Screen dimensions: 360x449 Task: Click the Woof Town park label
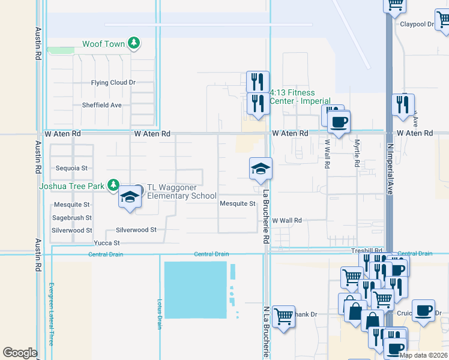[x=104, y=44]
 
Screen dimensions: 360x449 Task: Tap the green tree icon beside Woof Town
[x=135, y=43]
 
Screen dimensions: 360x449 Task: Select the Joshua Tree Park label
[x=71, y=185]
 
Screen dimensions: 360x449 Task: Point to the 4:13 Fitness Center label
[x=300, y=97]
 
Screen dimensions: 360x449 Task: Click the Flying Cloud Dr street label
[x=113, y=83]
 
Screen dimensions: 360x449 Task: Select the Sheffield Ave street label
[x=101, y=105]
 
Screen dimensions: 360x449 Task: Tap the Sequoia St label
[x=71, y=169]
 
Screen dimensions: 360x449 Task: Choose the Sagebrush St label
[x=71, y=218]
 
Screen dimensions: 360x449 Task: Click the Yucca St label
[x=107, y=243]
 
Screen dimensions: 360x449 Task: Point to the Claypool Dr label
[x=417, y=25]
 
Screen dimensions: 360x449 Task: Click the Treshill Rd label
[x=367, y=250]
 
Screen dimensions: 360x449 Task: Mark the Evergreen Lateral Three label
[x=52, y=313]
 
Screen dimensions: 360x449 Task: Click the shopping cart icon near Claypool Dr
[x=395, y=5]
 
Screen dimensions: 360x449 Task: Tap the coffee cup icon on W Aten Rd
[x=339, y=123]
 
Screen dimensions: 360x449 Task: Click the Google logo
[x=20, y=353]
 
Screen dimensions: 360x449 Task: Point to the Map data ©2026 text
[x=423, y=355]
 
